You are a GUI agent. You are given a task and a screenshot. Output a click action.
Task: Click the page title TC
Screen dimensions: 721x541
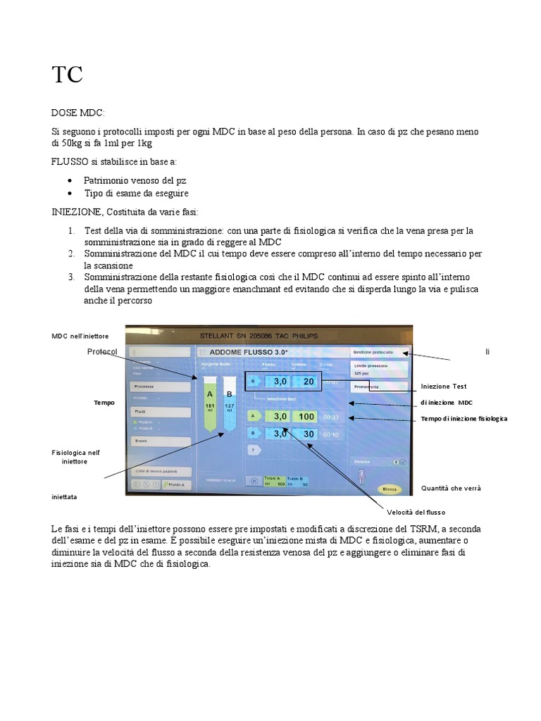(x=67, y=75)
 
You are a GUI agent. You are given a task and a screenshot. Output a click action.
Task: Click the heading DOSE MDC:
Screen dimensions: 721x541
(x=78, y=112)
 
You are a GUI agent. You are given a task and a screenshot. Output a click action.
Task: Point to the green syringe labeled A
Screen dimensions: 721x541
(x=209, y=404)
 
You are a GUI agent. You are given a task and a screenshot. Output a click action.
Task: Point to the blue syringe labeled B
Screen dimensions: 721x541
(x=228, y=404)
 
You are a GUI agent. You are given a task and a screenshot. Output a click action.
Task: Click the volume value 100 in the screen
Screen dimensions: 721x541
(x=306, y=417)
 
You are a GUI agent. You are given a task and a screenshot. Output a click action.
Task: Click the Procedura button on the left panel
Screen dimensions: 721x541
(x=158, y=387)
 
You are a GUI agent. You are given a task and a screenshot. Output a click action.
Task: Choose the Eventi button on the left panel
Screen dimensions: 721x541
(x=158, y=441)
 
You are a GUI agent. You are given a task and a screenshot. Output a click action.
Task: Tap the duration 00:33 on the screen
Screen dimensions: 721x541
(x=331, y=417)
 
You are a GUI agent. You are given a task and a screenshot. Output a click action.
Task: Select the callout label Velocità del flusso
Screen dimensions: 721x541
(x=416, y=512)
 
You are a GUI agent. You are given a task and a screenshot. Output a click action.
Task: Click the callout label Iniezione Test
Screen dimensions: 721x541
(x=443, y=386)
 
